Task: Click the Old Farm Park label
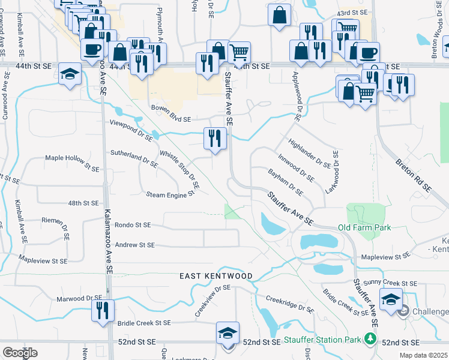[364, 227]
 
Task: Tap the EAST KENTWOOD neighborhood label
[217, 276]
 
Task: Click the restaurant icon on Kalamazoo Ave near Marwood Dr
[102, 310]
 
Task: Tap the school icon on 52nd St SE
[228, 332]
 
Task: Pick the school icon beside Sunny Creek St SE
[390, 298]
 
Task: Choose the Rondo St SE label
[131, 226]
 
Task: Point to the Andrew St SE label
[134, 245]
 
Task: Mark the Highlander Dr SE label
[310, 153]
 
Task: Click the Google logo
[20, 353]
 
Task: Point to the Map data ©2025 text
[426, 355]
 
